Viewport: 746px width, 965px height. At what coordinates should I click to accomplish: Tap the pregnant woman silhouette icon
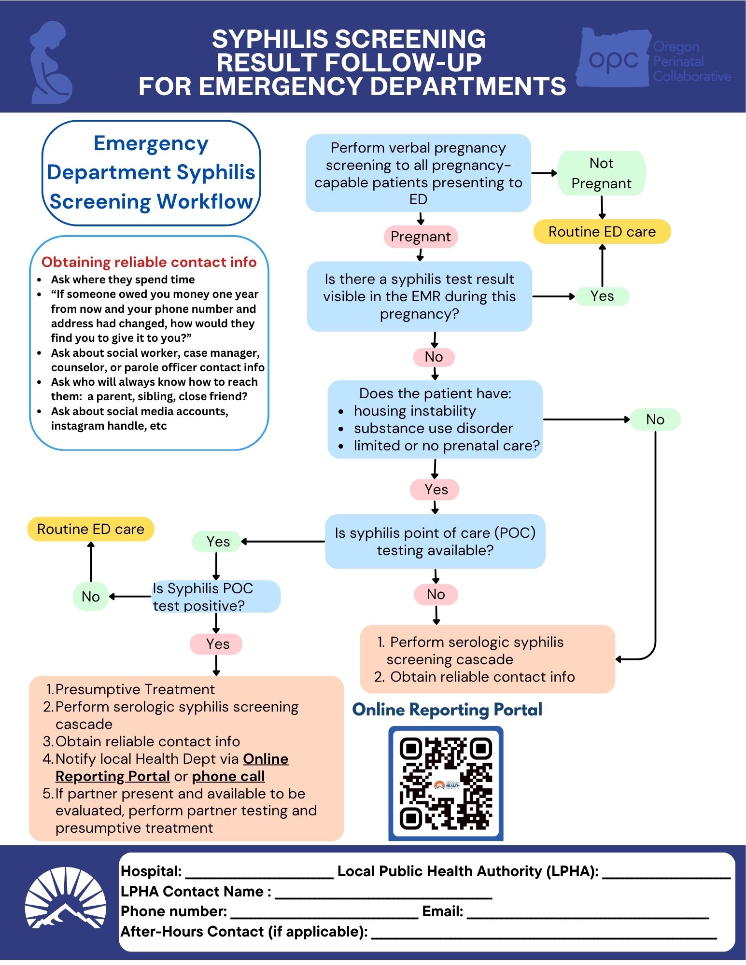pos(51,62)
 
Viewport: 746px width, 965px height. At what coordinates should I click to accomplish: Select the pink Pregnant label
pos(421,237)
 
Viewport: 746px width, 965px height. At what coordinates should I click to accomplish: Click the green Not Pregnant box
pos(602,173)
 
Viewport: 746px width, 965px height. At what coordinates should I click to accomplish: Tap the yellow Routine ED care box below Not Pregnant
pos(602,232)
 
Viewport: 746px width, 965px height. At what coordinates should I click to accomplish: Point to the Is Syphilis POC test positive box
pos(216,597)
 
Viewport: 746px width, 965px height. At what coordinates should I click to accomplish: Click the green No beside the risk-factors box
pos(655,420)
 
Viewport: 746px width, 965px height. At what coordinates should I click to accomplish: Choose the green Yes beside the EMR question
pos(602,296)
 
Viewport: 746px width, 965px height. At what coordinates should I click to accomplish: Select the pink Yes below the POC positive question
pos(216,644)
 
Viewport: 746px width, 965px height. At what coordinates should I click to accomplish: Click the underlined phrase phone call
pos(228,776)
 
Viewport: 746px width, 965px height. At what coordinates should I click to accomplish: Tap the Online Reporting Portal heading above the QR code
pos(447,710)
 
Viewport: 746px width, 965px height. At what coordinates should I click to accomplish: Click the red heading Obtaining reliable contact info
pos(149,262)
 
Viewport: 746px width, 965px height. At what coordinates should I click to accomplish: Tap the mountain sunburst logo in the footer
pos(66,898)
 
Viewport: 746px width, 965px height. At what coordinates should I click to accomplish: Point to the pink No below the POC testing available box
pos(436,594)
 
